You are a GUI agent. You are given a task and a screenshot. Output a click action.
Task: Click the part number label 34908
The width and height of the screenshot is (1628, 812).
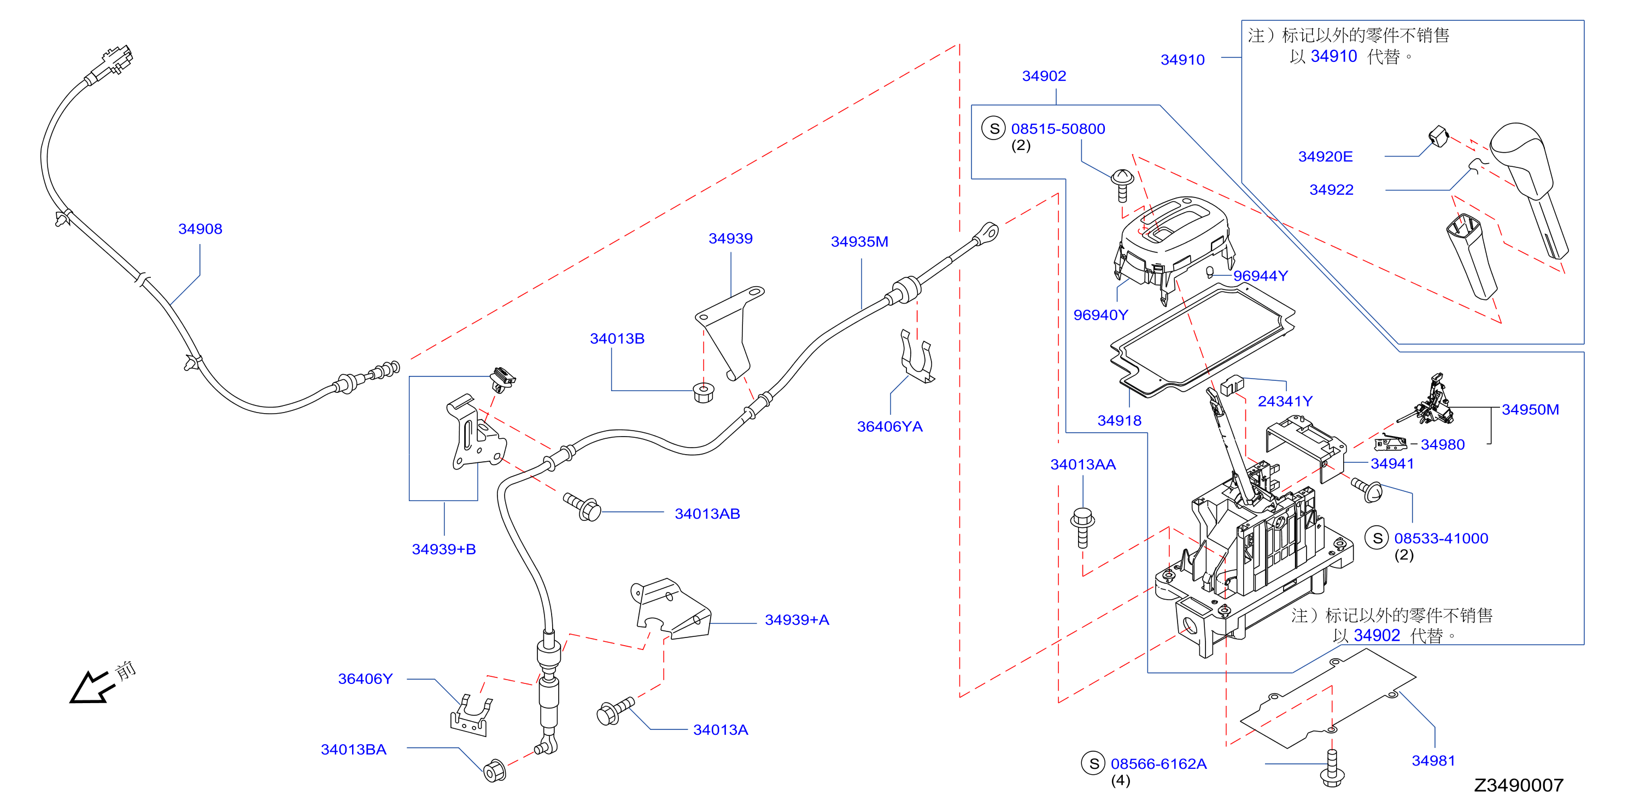coord(200,229)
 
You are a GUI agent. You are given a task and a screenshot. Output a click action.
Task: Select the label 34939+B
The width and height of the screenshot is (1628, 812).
coord(444,549)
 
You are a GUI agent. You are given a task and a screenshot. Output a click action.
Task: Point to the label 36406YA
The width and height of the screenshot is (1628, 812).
coord(889,427)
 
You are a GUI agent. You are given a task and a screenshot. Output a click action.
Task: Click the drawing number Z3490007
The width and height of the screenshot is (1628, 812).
coord(1519,785)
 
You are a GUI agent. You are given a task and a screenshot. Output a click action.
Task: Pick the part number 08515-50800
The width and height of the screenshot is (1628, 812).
coord(1058,129)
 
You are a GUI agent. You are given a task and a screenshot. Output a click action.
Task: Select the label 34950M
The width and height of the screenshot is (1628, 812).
coord(1530,410)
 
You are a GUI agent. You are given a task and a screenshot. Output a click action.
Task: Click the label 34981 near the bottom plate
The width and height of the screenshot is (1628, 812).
coord(1433,761)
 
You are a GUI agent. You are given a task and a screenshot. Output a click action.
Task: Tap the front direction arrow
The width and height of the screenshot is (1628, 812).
coord(92,687)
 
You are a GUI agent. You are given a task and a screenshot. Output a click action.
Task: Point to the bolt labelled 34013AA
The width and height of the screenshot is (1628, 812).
coord(1082,527)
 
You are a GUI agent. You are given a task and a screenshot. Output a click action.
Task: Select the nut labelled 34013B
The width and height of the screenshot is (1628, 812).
coord(704,392)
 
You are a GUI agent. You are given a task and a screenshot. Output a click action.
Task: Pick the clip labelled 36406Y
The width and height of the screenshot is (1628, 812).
coord(471,716)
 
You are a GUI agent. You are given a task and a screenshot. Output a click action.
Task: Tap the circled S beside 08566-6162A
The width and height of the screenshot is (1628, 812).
coord(1093,763)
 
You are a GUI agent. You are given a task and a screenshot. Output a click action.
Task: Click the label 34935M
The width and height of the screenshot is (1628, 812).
coord(859,242)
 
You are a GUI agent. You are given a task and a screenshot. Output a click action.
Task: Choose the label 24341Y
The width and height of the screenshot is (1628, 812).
coord(1285,402)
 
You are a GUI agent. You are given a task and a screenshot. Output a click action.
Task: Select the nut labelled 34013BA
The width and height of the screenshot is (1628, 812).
coord(494,771)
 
